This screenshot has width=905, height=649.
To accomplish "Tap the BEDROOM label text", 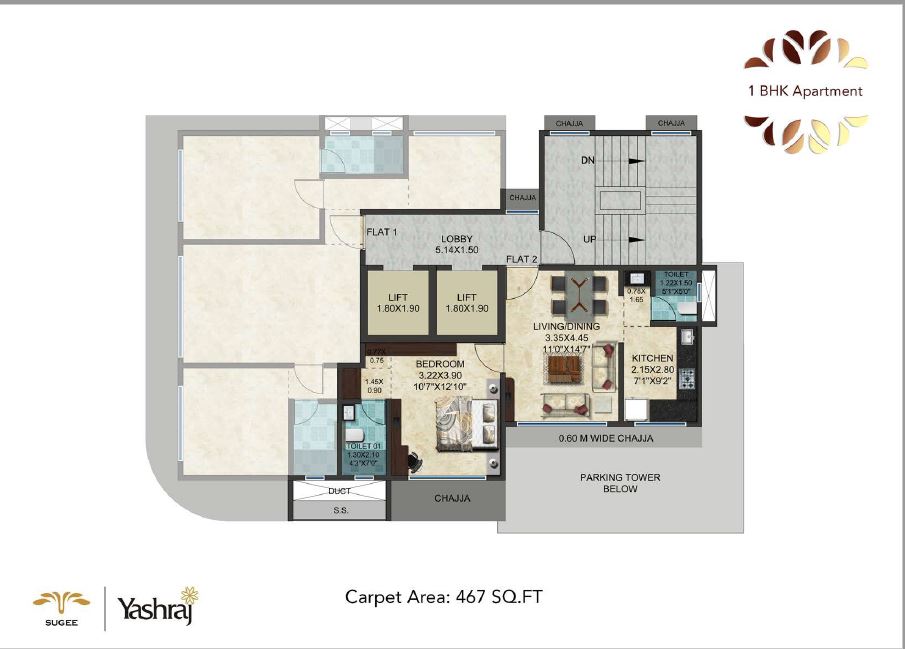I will pyautogui.click(x=440, y=363).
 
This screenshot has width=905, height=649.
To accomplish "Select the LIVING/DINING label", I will pyautogui.click(x=567, y=326).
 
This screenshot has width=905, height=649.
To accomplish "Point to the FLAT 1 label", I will pyautogui.click(x=382, y=232).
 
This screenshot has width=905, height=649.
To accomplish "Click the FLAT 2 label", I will pyautogui.click(x=521, y=260).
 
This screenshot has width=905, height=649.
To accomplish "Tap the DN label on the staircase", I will pyautogui.click(x=588, y=160).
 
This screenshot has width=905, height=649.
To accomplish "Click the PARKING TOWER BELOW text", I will pyautogui.click(x=620, y=483).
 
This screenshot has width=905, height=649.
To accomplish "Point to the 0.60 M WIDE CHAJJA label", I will pyautogui.click(x=606, y=438).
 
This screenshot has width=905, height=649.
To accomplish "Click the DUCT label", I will pyautogui.click(x=339, y=491).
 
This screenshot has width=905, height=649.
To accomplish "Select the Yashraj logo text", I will pyautogui.click(x=155, y=608).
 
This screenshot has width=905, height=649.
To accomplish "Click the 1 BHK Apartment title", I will pyautogui.click(x=805, y=91).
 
